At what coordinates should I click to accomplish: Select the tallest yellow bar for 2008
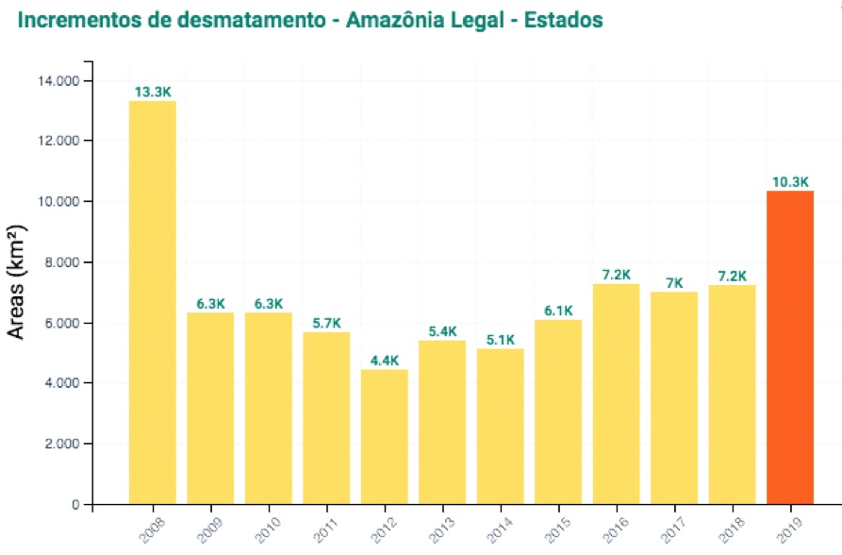pyautogui.click(x=152, y=302)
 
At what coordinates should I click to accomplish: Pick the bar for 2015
pyautogui.click(x=558, y=412)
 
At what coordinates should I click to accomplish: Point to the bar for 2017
pyautogui.click(x=674, y=397)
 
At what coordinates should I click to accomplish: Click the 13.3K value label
pyautogui.click(x=153, y=92)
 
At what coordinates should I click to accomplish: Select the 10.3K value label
pyautogui.click(x=790, y=182)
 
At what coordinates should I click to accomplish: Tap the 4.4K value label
pyautogui.click(x=384, y=361)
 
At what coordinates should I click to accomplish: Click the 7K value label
pyautogui.click(x=674, y=283)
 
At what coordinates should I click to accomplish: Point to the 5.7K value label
pyautogui.click(x=326, y=324)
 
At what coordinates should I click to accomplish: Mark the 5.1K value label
pyautogui.click(x=500, y=340)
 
